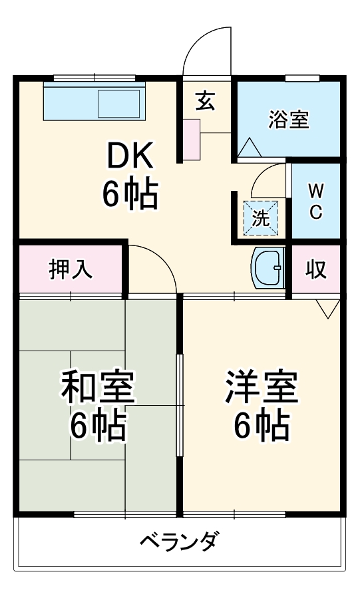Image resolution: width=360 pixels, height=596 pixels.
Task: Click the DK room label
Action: [132, 157]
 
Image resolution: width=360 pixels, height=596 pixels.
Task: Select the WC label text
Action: [317, 202]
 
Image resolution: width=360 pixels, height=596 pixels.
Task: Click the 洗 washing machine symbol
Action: [261, 217]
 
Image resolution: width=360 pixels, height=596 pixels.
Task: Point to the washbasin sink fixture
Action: [268, 267]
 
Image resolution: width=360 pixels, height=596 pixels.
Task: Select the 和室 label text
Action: [98, 388]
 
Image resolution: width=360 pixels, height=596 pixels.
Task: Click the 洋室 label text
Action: [260, 388]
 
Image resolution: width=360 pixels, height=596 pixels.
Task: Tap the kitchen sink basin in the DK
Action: [119, 103]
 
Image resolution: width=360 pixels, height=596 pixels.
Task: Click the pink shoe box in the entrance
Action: [191, 139]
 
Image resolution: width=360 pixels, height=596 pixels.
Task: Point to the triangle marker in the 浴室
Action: [249, 148]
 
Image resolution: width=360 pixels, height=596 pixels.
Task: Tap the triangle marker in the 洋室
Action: [327, 308]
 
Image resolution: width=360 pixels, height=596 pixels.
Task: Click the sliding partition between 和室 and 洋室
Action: [179, 406]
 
